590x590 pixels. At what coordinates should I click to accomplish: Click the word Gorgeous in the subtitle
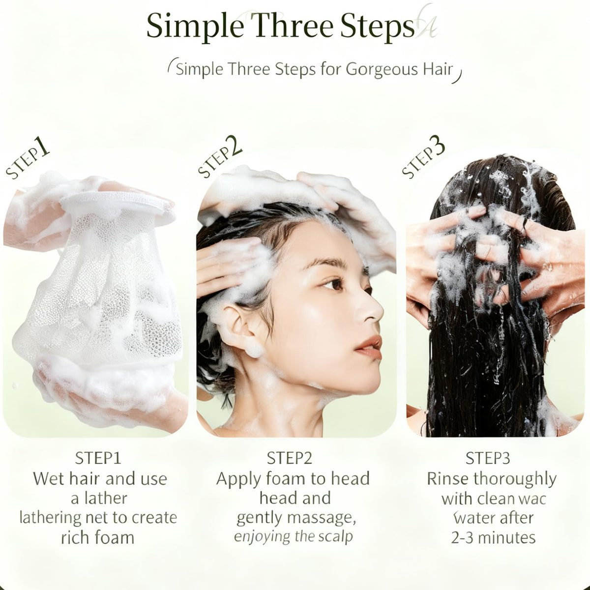click(x=382, y=69)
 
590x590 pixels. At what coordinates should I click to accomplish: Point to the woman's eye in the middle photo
click(x=332, y=284)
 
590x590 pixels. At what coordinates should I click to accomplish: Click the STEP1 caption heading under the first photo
click(x=98, y=458)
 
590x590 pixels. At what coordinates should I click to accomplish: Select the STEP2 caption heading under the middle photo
click(x=289, y=458)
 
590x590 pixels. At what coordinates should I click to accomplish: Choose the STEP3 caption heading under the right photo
click(x=488, y=458)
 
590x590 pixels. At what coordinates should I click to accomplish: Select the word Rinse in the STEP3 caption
click(x=448, y=478)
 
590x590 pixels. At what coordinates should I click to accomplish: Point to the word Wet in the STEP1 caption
click(x=48, y=478)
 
